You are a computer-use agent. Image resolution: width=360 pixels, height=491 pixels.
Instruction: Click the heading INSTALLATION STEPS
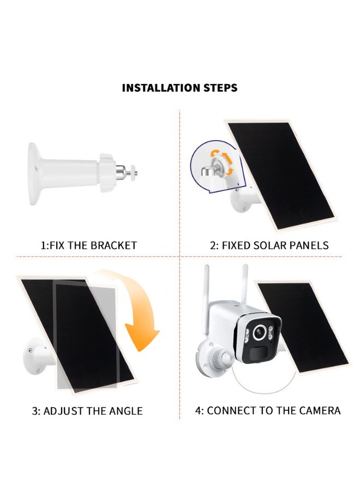tap(179, 87)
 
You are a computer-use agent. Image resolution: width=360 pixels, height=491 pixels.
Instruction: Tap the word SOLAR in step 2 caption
tap(260, 245)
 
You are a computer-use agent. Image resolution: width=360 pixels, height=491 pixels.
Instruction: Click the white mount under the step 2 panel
tap(240, 202)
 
